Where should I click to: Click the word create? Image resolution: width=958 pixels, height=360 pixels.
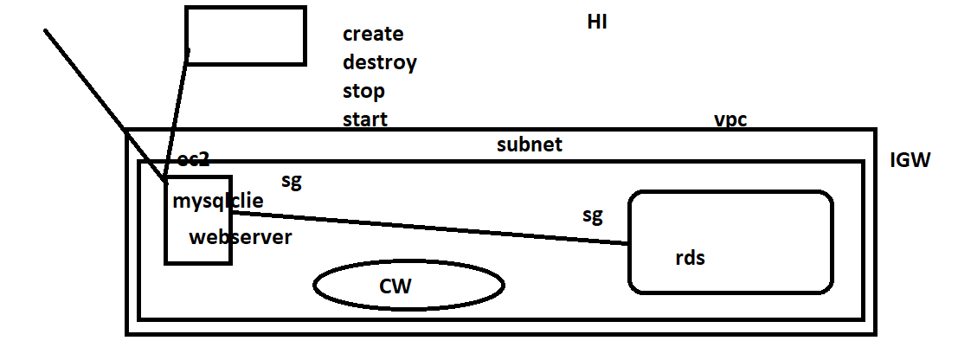point(373,35)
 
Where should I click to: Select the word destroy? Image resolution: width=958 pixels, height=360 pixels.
point(379,63)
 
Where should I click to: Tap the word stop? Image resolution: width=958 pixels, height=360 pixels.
point(363,92)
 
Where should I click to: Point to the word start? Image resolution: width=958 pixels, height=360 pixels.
point(364,119)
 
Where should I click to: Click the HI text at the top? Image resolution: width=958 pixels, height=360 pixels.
point(596,22)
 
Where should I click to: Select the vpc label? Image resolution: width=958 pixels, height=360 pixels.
point(730,120)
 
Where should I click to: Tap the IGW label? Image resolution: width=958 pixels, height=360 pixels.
point(910,160)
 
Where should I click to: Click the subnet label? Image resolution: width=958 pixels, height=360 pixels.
point(529,145)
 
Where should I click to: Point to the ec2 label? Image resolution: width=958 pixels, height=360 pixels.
point(194,160)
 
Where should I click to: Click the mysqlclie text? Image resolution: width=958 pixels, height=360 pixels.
point(217,202)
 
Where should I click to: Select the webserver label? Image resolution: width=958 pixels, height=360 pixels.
point(240,237)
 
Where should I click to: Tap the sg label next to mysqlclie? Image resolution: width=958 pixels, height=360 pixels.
point(292,181)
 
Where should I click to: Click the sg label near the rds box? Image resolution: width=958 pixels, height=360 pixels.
point(592,215)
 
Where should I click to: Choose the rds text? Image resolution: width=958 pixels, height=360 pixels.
point(690,258)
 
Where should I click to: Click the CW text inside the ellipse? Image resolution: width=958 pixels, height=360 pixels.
point(395,286)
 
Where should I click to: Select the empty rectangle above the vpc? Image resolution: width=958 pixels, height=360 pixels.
point(246,35)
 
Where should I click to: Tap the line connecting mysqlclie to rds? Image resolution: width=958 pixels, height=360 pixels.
point(433,228)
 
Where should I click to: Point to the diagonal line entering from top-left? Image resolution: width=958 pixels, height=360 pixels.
point(95,95)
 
